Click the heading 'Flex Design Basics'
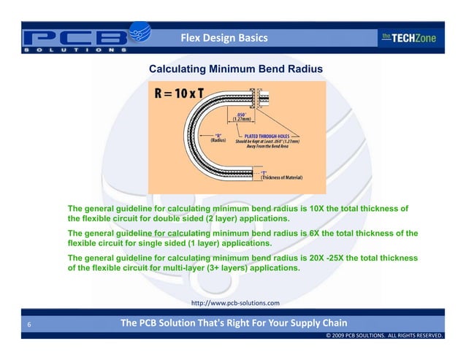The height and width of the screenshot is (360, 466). pos(225,37)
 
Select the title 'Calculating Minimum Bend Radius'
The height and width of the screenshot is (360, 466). pos(235,69)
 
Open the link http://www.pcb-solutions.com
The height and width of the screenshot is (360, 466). pos(234,302)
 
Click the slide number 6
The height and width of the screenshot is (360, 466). pos(28,324)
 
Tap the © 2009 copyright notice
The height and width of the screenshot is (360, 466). pos(384,336)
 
